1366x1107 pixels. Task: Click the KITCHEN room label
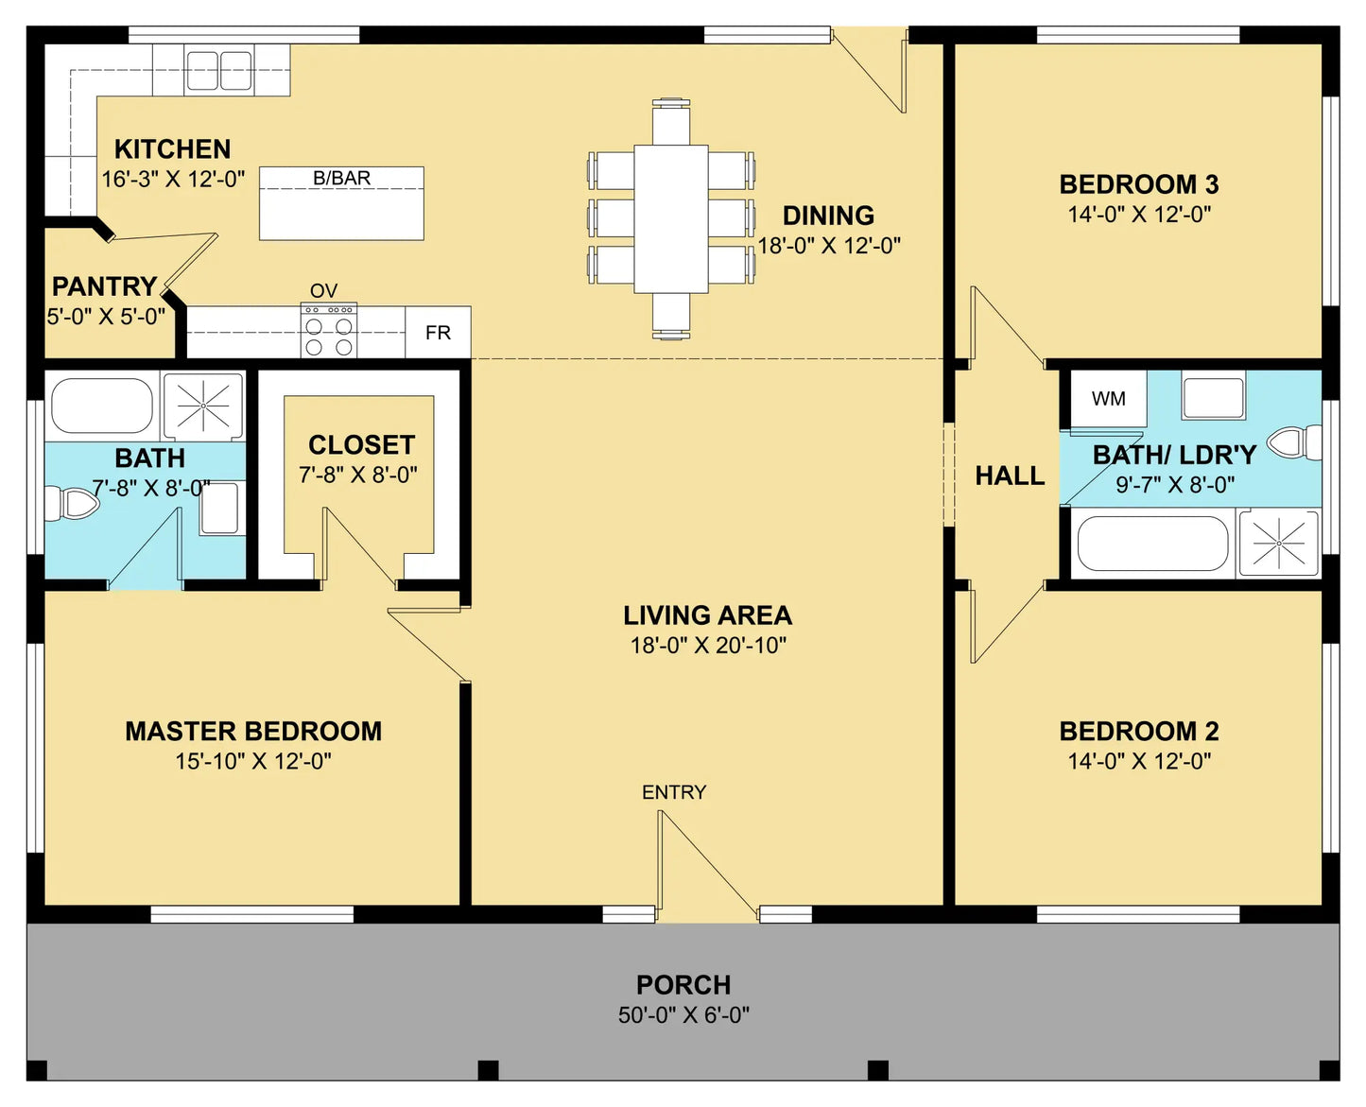click(x=172, y=149)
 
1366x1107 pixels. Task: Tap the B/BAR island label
click(x=342, y=178)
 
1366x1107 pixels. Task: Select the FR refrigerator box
click(x=438, y=332)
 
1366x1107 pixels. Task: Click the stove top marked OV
click(x=329, y=331)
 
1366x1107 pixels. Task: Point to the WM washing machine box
click(x=1108, y=398)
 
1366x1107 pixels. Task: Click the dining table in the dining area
click(x=671, y=219)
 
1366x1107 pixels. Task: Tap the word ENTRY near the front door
click(x=674, y=793)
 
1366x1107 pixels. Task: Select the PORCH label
click(x=683, y=985)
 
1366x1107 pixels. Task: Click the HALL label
click(x=1010, y=476)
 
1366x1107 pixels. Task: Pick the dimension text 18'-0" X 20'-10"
click(x=708, y=646)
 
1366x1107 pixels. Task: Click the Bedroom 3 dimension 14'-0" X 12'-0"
click(x=1139, y=215)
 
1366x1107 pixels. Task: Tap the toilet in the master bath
click(x=71, y=504)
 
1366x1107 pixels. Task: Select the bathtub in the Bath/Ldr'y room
click(x=1153, y=544)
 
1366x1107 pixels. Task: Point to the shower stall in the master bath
click(x=203, y=406)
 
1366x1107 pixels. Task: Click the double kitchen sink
click(x=218, y=70)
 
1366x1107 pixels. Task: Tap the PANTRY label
click(x=105, y=286)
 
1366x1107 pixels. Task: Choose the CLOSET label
click(x=362, y=445)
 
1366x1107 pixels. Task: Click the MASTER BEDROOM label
click(x=253, y=732)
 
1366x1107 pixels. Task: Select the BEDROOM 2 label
click(x=1139, y=732)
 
